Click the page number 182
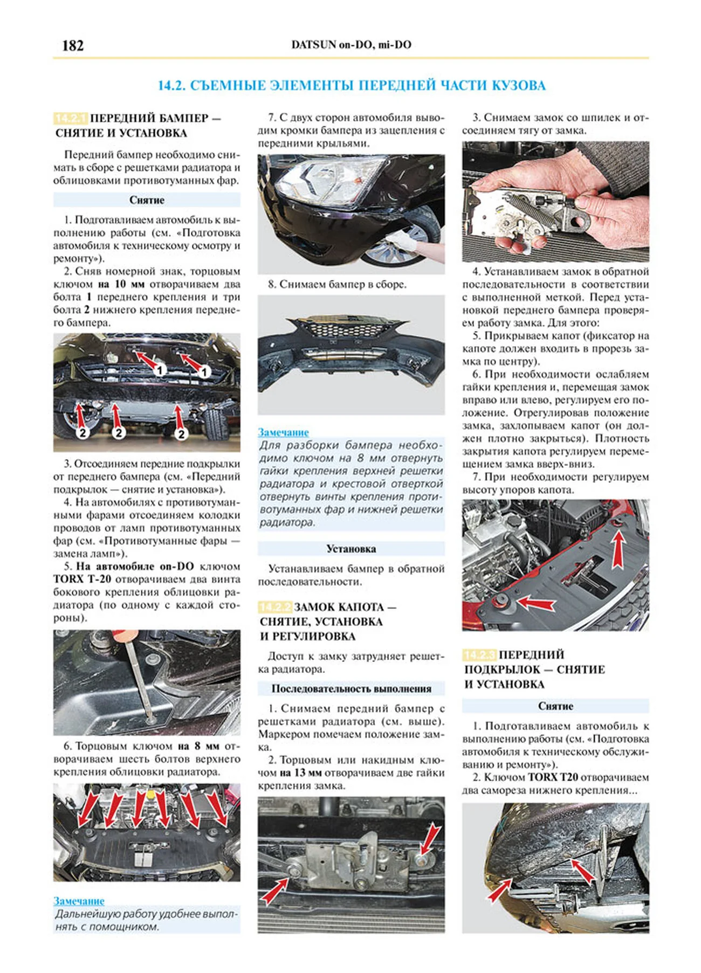73,45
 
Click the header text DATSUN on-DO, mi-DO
351,45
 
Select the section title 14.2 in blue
351,85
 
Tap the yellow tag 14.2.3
479,655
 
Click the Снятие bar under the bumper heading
146,200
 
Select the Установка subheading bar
351,549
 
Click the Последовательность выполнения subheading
351,688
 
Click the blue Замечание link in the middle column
283,432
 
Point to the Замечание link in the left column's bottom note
79,901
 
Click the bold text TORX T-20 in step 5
82,579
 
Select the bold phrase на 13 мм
300,772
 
